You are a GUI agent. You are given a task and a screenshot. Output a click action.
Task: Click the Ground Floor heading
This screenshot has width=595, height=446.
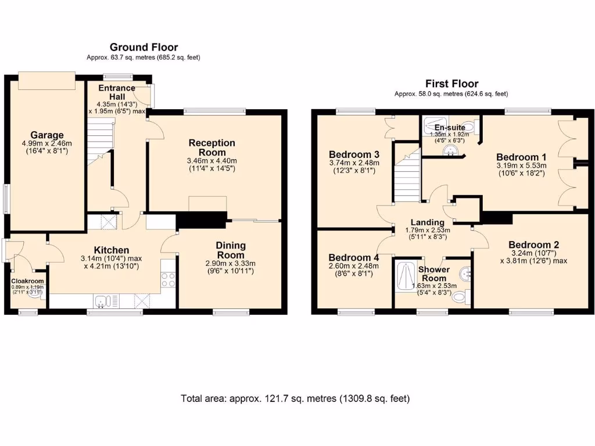pyautogui.click(x=144, y=48)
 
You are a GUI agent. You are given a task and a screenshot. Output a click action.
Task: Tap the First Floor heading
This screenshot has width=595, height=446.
pyautogui.click(x=451, y=84)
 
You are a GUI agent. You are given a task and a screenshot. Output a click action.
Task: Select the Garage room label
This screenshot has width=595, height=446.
pyautogui.click(x=47, y=135)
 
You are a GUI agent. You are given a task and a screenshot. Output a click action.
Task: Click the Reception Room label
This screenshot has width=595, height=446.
pyautogui.click(x=212, y=148)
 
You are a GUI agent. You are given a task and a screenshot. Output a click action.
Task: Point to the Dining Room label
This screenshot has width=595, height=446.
pyautogui.click(x=231, y=250)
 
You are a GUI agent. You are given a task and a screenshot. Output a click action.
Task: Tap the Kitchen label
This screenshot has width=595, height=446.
pyautogui.click(x=112, y=250)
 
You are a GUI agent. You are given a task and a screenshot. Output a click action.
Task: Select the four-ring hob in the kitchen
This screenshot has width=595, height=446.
pyautogui.click(x=168, y=280)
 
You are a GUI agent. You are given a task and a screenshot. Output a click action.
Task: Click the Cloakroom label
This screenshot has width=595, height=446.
pyautogui.click(x=27, y=281)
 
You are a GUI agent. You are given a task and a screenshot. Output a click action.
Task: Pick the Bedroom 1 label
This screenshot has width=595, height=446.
pyautogui.click(x=521, y=157)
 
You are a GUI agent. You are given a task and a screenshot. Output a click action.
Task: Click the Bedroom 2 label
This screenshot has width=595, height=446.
pyautogui.click(x=534, y=244)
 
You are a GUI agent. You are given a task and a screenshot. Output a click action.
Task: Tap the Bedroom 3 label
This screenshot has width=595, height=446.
pyautogui.click(x=354, y=154)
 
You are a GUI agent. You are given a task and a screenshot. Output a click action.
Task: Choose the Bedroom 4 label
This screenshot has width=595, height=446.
pyautogui.click(x=354, y=257)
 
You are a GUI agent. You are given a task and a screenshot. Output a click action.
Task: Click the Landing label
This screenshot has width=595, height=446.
pyautogui.click(x=428, y=222)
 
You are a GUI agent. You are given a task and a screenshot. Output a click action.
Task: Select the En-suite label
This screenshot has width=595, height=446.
pyautogui.click(x=450, y=127)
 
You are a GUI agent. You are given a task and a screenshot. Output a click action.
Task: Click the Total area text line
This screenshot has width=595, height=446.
pyautogui.click(x=295, y=398)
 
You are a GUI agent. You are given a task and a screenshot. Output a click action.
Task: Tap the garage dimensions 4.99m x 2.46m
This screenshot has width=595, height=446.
pyautogui.click(x=47, y=143)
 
